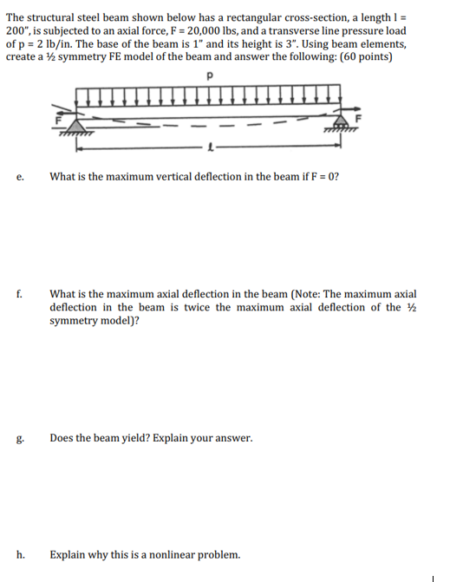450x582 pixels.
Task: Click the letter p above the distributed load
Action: [211, 75]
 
